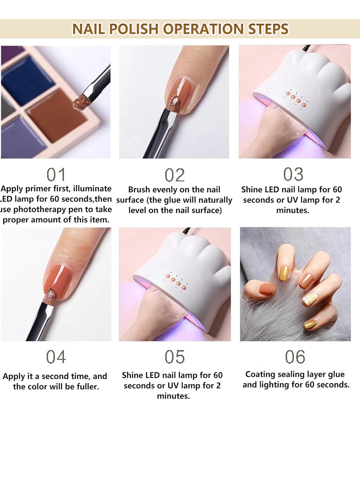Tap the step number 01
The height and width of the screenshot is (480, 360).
(56, 175)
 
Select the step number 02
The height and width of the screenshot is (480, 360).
(175, 175)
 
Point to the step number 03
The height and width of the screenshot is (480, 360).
(293, 174)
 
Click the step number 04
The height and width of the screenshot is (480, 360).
(56, 357)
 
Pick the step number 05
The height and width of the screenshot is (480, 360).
(175, 357)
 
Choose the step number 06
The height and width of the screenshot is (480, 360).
(295, 357)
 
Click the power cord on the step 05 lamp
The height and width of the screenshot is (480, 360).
(185, 231)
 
